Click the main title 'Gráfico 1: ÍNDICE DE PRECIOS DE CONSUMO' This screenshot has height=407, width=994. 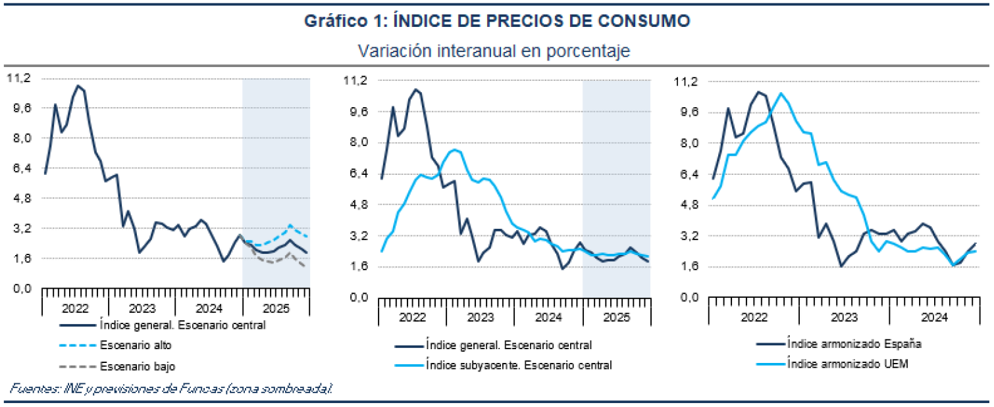(496, 21)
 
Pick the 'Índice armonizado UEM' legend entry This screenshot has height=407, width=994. (848, 364)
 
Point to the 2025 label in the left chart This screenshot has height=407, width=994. (276, 308)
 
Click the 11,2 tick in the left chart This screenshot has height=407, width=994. (18, 78)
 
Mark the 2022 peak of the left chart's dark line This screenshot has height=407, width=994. (78, 85)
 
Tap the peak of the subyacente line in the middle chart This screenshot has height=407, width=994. (455, 150)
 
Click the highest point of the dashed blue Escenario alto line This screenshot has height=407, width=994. (290, 226)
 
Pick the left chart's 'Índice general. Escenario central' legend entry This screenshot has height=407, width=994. (182, 324)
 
